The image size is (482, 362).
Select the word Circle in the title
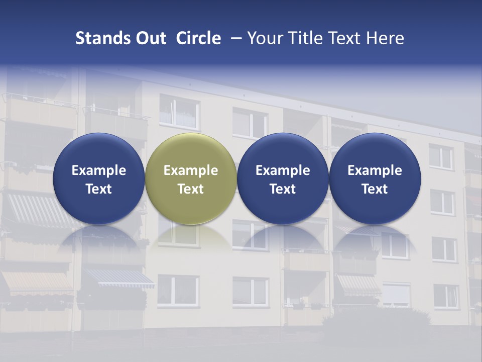(198, 38)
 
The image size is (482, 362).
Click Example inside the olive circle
(191, 170)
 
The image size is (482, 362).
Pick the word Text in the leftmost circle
(99, 189)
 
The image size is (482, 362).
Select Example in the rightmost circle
(375, 170)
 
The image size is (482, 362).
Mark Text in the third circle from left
(283, 189)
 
